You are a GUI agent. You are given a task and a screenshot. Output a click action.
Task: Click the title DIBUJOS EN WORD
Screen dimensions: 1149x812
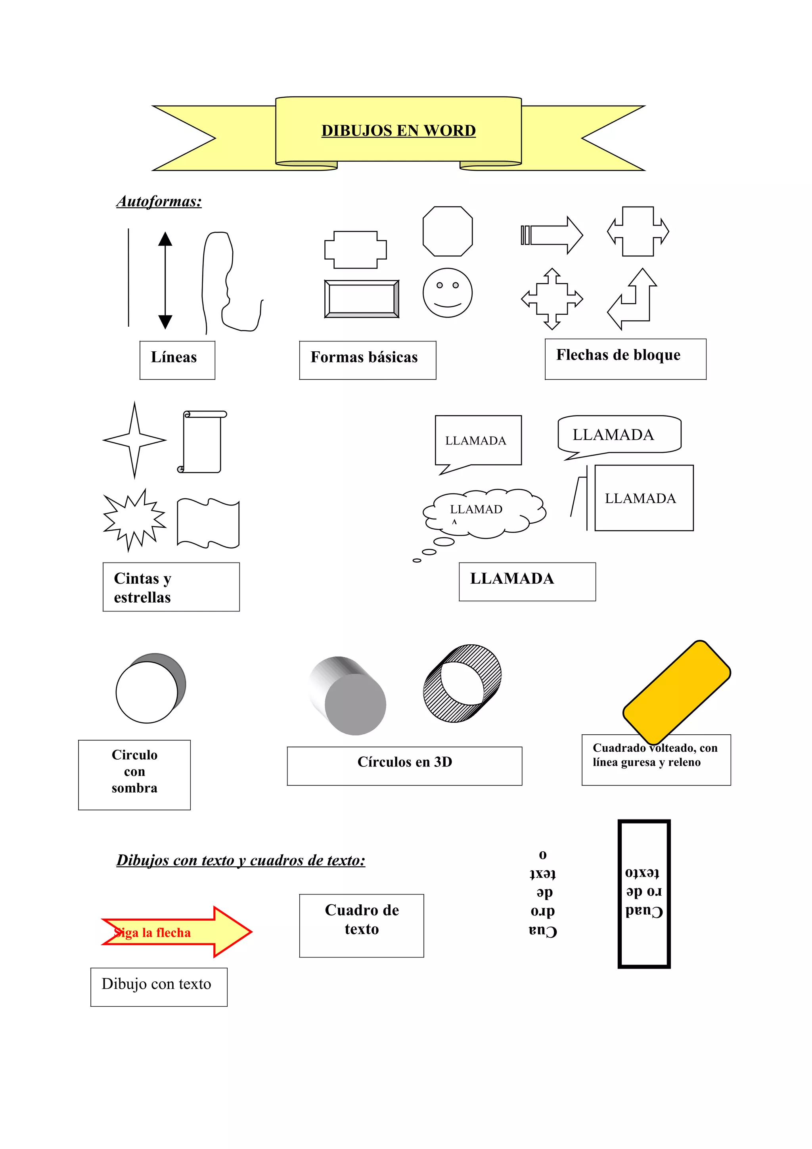pos(398,130)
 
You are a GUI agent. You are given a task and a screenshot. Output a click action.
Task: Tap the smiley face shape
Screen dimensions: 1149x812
pos(447,293)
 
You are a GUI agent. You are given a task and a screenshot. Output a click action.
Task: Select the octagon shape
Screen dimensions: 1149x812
pos(447,231)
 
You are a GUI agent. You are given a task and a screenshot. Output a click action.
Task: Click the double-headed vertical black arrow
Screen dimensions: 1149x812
pos(165,280)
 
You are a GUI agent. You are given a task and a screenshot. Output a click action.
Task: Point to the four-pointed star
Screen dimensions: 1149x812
pos(134,440)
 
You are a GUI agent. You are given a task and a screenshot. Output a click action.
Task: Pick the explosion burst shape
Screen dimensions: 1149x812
pos(134,521)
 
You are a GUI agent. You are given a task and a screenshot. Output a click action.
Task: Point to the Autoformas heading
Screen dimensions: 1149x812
pos(159,201)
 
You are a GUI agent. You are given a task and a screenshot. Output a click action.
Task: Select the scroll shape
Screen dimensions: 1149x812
pos(202,441)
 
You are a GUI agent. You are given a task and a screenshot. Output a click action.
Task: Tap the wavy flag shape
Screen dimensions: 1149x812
pos(208,523)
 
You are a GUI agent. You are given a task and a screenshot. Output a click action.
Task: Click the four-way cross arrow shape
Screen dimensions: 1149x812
pos(552,299)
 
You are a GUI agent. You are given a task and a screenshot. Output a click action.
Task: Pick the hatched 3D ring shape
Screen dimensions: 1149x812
pos(462,683)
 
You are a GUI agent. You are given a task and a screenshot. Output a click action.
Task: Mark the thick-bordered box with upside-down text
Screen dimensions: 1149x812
pos(644,893)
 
